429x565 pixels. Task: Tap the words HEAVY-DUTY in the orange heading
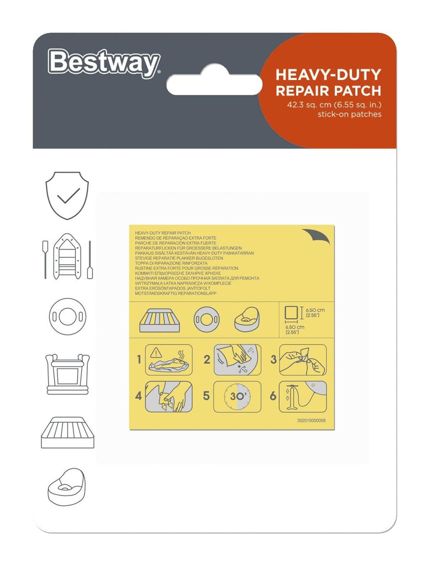pyautogui.click(x=327, y=74)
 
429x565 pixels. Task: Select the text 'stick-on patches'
pyautogui.click(x=349, y=114)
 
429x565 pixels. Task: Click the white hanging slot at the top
pyautogui.click(x=214, y=83)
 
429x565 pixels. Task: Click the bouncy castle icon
pyautogui.click(x=67, y=374)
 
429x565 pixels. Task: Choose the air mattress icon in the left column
pyautogui.click(x=67, y=433)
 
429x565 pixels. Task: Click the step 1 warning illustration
pyautogui.click(x=168, y=360)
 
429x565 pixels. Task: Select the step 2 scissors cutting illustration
pyautogui.click(x=237, y=360)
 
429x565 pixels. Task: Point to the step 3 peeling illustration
pyautogui.click(x=303, y=360)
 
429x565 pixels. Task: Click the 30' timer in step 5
pyautogui.click(x=237, y=396)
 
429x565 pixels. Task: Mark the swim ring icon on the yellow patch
pyautogui.click(x=206, y=319)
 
